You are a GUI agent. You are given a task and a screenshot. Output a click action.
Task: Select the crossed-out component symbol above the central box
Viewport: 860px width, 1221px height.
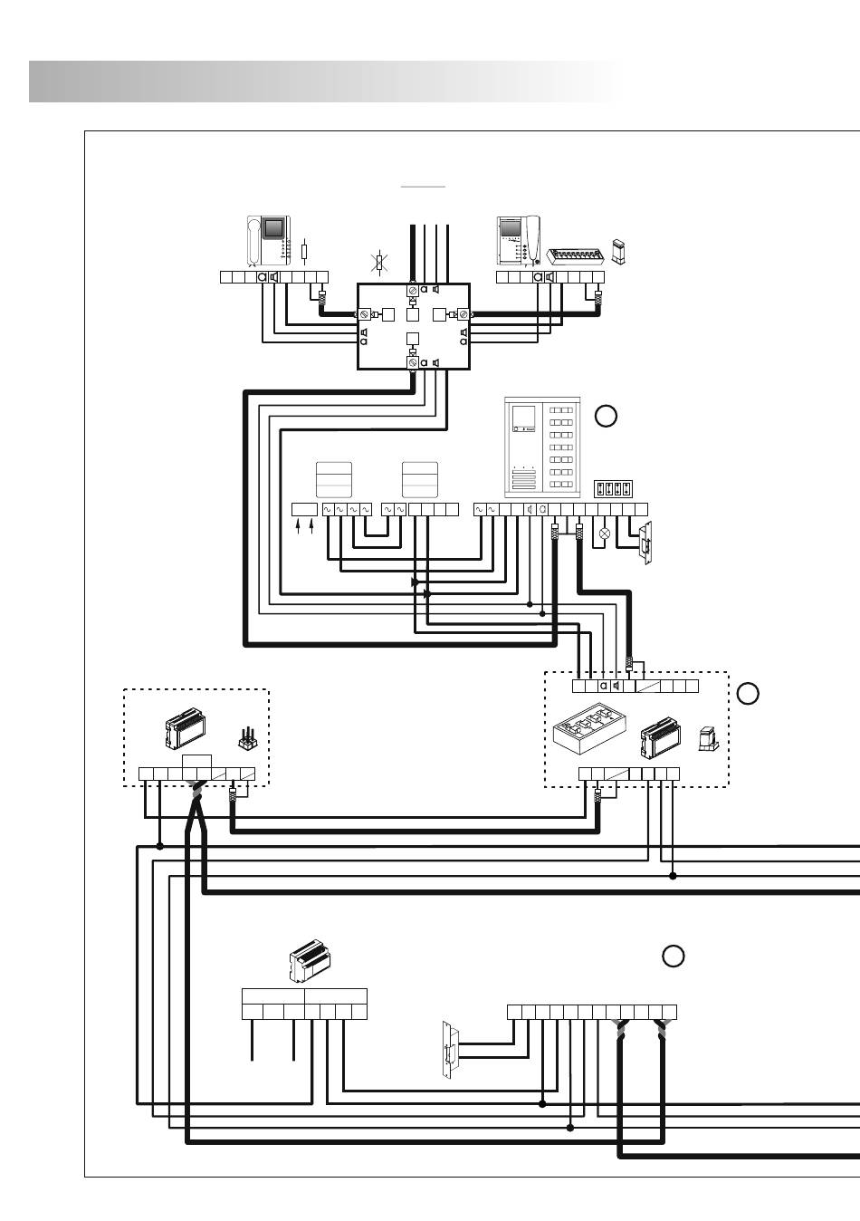(x=382, y=264)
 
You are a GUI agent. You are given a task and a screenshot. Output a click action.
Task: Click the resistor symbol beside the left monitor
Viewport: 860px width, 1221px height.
(x=304, y=251)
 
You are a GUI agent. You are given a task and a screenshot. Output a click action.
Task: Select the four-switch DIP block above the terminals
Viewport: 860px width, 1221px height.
(x=613, y=489)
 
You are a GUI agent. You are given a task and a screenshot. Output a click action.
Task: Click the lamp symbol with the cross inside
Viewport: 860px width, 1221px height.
(x=605, y=534)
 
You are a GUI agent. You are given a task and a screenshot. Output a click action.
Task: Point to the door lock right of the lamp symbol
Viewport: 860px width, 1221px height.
(x=646, y=543)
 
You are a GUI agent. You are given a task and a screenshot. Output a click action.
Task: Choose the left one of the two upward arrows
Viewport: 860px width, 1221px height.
(x=299, y=527)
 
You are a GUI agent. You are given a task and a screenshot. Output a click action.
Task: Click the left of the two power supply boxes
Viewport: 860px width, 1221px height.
(x=332, y=477)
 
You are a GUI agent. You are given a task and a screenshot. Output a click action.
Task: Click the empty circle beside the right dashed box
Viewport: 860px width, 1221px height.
(x=747, y=695)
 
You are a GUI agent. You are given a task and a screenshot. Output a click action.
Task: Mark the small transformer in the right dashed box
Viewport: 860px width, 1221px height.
(x=708, y=740)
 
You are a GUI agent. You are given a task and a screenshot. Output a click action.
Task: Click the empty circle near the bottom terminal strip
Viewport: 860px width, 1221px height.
(x=672, y=956)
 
